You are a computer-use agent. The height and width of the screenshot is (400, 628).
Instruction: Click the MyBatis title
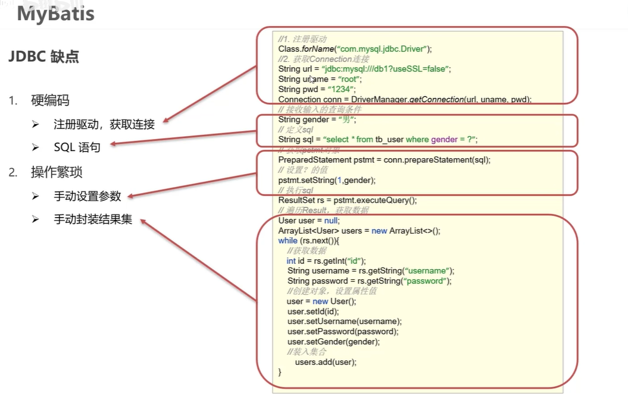tap(55, 13)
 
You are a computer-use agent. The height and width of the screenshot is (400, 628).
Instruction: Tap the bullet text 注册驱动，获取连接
tap(104, 124)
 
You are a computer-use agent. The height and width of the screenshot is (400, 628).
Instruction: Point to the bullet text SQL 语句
tap(77, 147)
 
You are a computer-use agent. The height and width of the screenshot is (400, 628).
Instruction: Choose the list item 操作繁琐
tap(57, 172)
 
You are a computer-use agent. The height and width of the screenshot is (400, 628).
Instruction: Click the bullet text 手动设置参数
tap(88, 196)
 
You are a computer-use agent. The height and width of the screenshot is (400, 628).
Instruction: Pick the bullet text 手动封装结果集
tap(93, 220)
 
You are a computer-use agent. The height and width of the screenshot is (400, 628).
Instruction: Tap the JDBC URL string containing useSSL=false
tap(386, 69)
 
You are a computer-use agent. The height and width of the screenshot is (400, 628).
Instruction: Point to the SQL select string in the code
tap(400, 140)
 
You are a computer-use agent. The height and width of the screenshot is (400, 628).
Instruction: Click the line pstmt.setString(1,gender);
tap(327, 180)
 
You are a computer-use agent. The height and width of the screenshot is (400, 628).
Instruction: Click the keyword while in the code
tap(288, 241)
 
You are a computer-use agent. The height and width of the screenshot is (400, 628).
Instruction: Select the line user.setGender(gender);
tap(333, 342)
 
